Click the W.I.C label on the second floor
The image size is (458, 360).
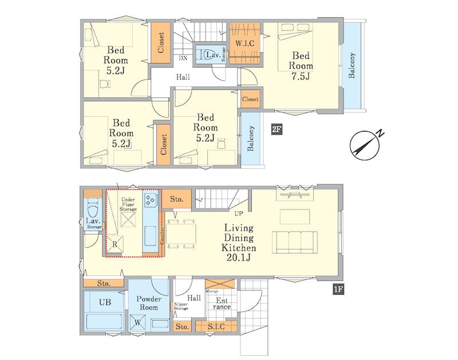click(x=245, y=44)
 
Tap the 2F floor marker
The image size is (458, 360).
click(x=277, y=129)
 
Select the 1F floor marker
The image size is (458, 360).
click(x=338, y=290)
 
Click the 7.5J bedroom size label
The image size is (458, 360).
click(x=301, y=76)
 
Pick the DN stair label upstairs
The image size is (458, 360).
click(x=183, y=58)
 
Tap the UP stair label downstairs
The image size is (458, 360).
click(x=239, y=213)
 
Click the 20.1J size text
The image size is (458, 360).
click(x=238, y=258)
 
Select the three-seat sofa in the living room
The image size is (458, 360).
click(x=295, y=242)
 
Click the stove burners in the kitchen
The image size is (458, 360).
click(x=151, y=200)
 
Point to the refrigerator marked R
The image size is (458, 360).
click(x=114, y=243)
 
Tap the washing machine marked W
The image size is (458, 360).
click(x=137, y=323)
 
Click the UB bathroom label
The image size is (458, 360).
click(x=105, y=302)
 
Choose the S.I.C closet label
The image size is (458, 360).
click(x=216, y=326)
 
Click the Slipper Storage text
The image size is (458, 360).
click(x=181, y=306)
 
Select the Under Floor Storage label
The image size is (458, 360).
click(x=128, y=204)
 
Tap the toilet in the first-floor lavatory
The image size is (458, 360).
click(x=93, y=208)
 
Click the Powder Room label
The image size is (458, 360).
click(x=149, y=303)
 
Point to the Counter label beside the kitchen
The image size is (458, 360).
click(x=162, y=235)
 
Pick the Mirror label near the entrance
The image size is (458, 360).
click(x=212, y=291)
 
